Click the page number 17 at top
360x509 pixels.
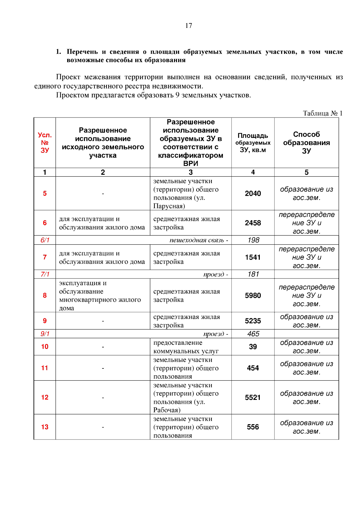188,26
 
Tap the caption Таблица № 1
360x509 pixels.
322,113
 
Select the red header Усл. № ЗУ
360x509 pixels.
45,143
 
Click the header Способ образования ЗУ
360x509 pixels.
306,143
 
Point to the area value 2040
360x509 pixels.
253,194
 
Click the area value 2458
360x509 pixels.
253,223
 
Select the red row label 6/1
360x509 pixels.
45,240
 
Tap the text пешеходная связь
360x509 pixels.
197,240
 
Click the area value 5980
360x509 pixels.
253,296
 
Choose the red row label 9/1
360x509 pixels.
45,334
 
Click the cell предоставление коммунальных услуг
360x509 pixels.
186,347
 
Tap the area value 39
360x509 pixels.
253,347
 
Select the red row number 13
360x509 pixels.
45,427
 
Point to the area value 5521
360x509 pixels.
253,397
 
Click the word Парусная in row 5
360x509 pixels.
168,206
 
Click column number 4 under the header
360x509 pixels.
253,172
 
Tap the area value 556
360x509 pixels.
253,427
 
